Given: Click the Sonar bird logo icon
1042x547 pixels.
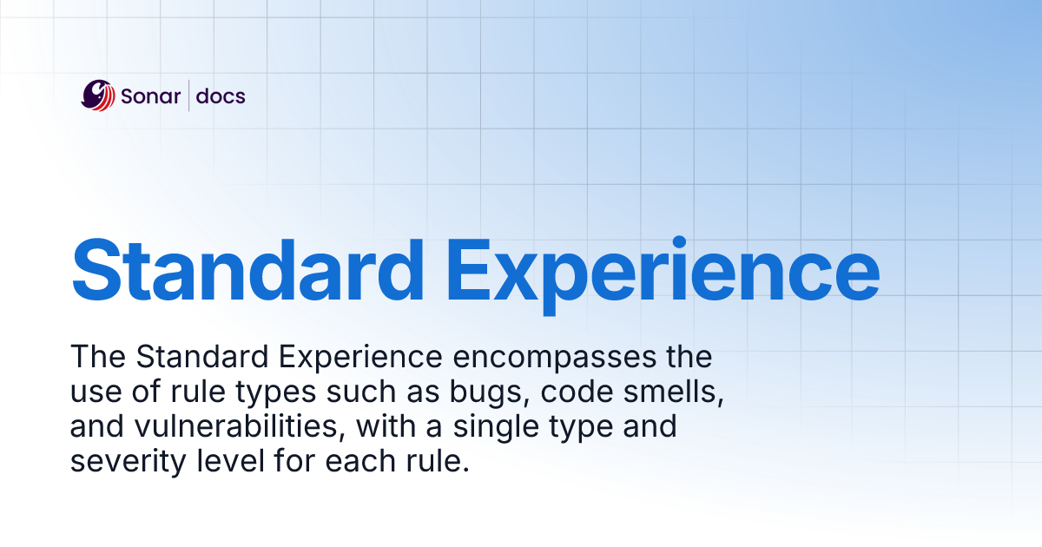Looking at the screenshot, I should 97,96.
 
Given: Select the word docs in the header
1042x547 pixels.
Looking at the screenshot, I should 221,96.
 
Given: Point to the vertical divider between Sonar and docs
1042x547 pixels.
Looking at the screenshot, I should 188,96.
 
